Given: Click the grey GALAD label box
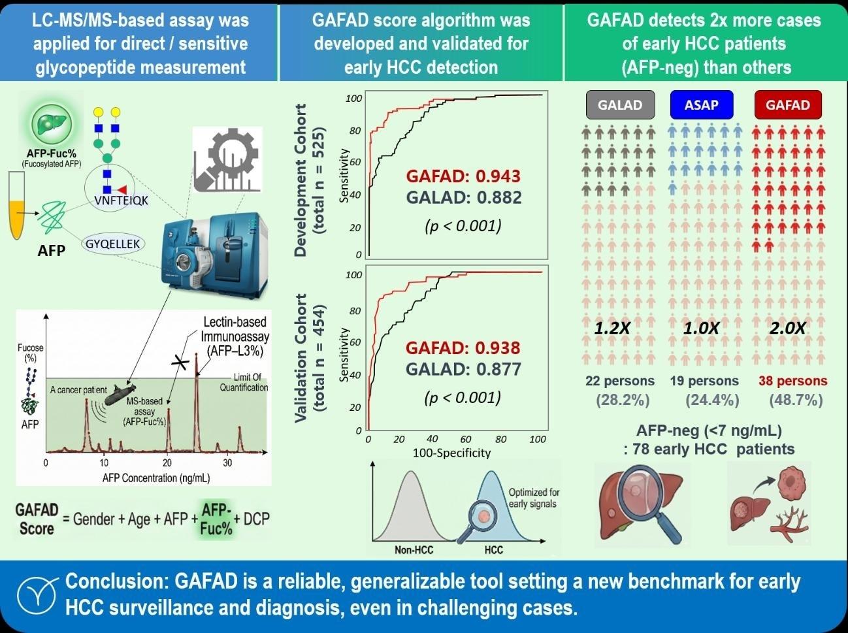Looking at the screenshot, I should point(620,105).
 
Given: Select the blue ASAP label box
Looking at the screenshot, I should point(701,105).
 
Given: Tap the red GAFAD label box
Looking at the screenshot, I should point(787,105).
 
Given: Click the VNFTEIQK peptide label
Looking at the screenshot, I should point(121,201).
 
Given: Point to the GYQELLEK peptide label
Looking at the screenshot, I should point(113,244).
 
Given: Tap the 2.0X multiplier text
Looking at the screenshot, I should point(787,328).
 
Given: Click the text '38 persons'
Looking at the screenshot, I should point(792,381).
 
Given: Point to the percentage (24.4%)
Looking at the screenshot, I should point(712,400).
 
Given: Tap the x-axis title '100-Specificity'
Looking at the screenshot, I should point(451,452).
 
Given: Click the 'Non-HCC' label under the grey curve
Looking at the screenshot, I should point(414,549).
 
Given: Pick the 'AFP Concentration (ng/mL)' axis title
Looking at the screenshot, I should point(156,478).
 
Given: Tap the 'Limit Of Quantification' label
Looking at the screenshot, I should point(244,382).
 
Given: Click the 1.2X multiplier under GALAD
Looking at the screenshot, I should point(612,328).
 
